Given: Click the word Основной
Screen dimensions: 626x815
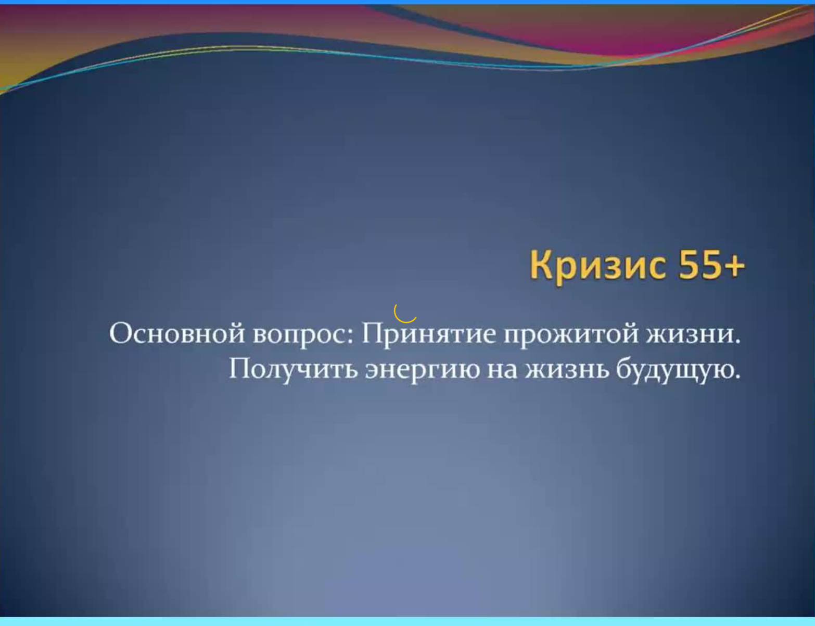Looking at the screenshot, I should [176, 333].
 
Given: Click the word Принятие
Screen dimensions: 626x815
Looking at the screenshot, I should [428, 333].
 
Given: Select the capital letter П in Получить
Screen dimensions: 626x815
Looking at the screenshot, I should [241, 369].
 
